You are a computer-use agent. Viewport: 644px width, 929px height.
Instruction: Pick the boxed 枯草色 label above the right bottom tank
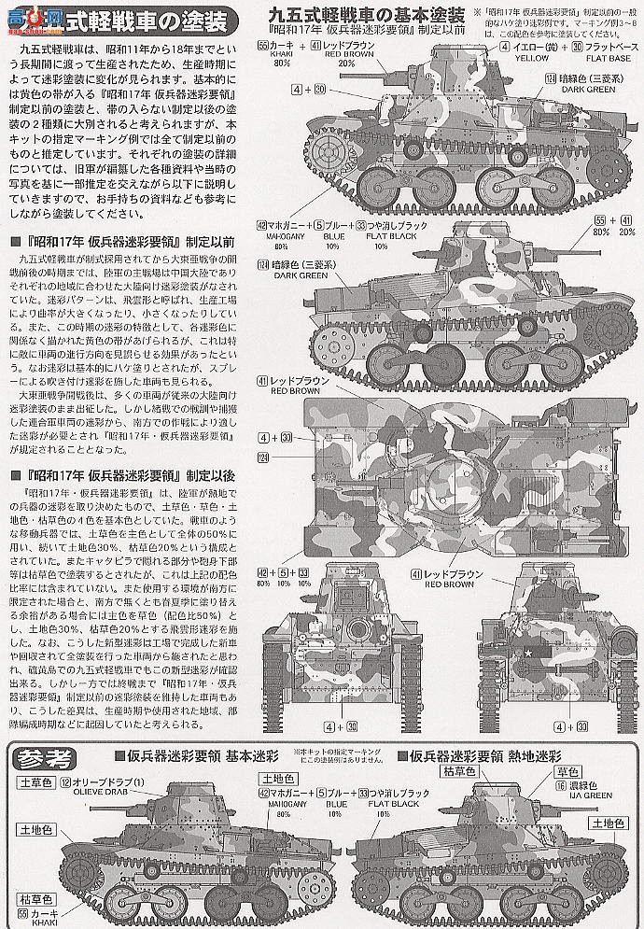(464, 770)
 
